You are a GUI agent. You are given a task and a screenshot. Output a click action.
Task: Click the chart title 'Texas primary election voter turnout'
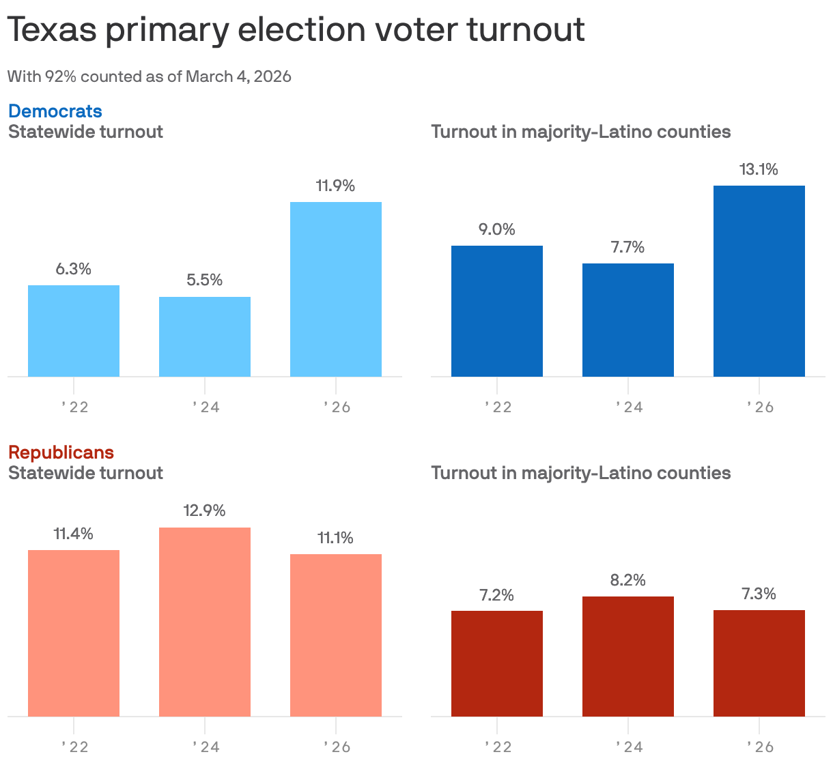coord(296,30)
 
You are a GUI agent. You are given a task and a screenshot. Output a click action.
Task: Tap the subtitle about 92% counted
coord(150,76)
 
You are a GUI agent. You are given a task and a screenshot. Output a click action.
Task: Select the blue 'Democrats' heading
coord(55,111)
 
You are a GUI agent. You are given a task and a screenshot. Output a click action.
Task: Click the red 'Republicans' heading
coord(61,452)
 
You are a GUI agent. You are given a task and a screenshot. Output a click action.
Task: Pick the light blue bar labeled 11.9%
coord(336,289)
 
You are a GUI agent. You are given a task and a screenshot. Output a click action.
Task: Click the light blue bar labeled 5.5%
coord(205,336)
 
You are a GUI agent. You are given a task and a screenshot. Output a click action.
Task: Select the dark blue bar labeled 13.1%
coord(759,281)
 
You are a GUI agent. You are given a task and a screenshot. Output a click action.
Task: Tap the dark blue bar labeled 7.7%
coord(628,320)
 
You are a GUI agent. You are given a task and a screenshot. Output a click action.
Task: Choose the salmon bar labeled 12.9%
coord(205,622)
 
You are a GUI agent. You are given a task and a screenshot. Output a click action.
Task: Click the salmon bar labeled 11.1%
coord(336,635)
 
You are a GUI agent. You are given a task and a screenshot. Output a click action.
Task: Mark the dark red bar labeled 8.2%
coord(628,657)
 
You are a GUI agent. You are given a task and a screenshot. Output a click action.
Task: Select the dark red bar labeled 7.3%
coord(759,663)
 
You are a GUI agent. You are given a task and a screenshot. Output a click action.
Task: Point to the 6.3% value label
coord(74,270)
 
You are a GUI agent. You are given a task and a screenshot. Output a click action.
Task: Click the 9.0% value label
coord(497,230)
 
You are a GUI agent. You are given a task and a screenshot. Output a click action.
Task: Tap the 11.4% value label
coord(74,534)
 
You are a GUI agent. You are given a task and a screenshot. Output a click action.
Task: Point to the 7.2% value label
coord(497,596)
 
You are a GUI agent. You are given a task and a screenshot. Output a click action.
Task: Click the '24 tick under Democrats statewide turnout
coord(205,407)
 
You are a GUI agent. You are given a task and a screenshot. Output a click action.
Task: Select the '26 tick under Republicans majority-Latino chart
coord(759,747)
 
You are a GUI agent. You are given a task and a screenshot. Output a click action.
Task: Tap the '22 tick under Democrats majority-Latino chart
coord(497,407)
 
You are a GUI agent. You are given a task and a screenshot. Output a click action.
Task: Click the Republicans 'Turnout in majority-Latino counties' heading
coord(581,473)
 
